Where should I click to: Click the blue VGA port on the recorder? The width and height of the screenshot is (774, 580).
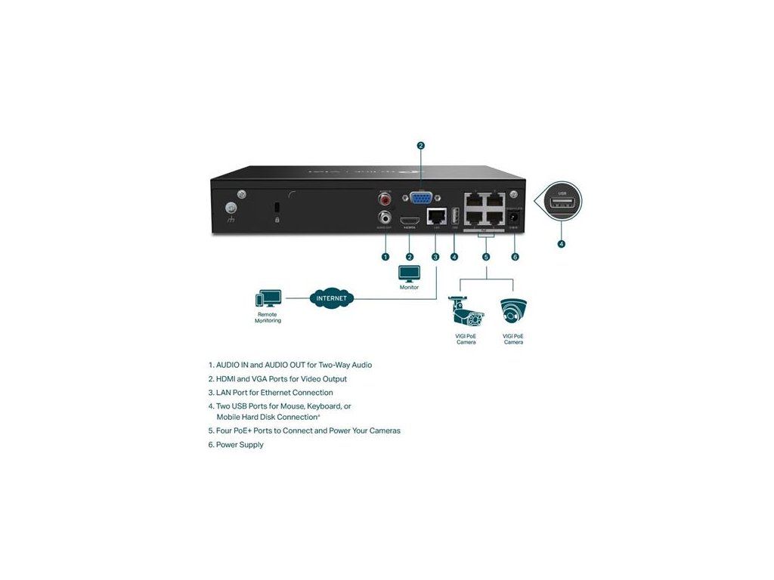pos(421,199)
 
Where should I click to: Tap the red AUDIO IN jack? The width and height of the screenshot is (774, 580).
pos(386,201)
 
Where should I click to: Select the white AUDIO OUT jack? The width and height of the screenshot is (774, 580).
pos(386,220)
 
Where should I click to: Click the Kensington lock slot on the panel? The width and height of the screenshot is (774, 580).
pos(277,208)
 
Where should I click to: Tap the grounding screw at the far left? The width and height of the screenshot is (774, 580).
pos(232,209)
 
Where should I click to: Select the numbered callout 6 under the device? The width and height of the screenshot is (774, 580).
pos(515,257)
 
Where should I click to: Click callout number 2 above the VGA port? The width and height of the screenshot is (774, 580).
pos(421,146)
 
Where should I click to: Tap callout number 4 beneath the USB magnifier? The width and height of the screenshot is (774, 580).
pos(561,244)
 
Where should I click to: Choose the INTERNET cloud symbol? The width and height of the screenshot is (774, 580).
pos(332,298)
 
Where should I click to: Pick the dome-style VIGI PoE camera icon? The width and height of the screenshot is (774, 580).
pos(513,311)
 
